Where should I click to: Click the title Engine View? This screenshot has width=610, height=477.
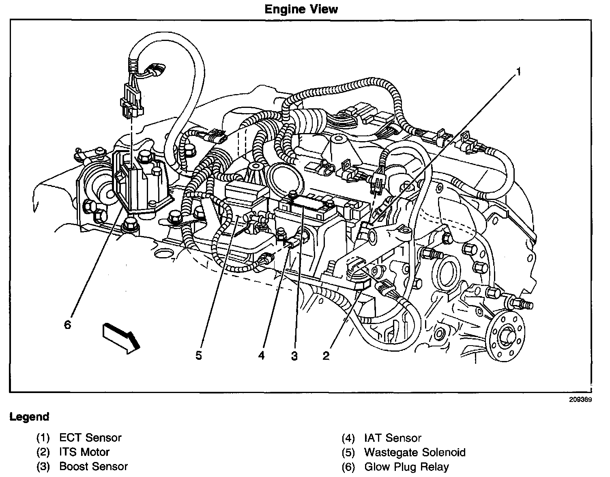click(x=301, y=9)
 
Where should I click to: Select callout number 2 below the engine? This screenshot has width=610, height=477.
click(x=326, y=356)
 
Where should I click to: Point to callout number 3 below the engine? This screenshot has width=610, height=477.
click(x=294, y=356)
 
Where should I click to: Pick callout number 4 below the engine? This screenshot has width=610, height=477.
click(x=261, y=356)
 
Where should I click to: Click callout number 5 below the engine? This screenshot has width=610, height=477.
click(x=198, y=356)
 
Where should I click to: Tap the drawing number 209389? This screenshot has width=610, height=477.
click(x=580, y=399)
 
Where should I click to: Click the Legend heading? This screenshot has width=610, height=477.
click(x=29, y=417)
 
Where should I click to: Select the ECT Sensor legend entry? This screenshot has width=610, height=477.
click(x=90, y=438)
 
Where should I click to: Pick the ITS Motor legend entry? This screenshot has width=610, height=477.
click(x=84, y=452)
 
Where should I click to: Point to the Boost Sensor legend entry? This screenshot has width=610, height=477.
click(x=93, y=466)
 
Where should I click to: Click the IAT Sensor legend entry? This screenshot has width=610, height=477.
click(x=393, y=438)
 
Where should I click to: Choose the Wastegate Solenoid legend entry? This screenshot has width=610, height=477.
click(x=415, y=452)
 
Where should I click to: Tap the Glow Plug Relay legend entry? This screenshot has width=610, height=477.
click(x=406, y=466)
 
